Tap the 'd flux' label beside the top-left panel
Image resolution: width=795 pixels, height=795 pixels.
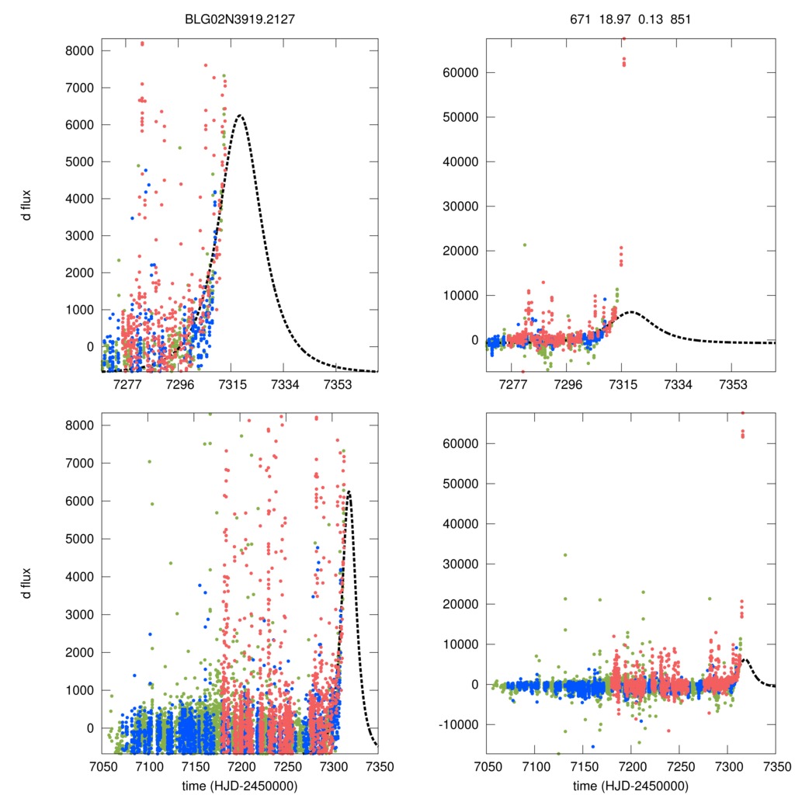(x=27, y=206)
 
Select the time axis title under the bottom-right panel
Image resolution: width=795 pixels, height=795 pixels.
(x=630, y=786)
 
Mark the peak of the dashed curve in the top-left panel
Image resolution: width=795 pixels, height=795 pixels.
(x=240, y=116)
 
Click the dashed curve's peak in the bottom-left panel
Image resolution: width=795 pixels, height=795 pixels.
(x=349, y=491)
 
